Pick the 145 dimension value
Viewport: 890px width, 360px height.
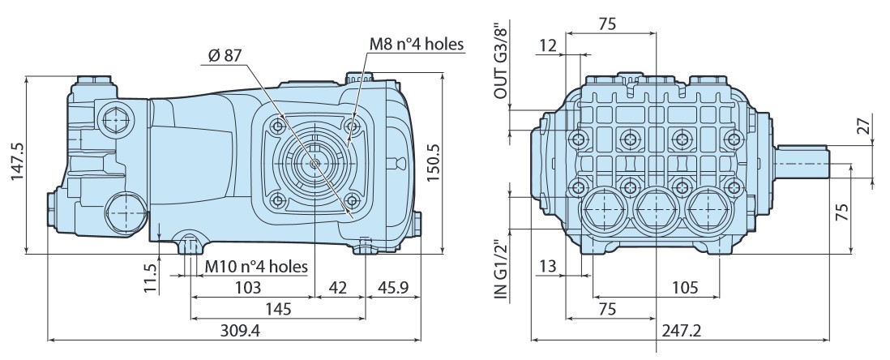click(x=279, y=309)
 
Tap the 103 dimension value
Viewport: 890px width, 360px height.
click(x=248, y=288)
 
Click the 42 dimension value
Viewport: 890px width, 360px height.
click(x=338, y=288)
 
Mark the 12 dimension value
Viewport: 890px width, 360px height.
click(x=547, y=46)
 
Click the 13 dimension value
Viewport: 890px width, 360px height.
click(x=547, y=265)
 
